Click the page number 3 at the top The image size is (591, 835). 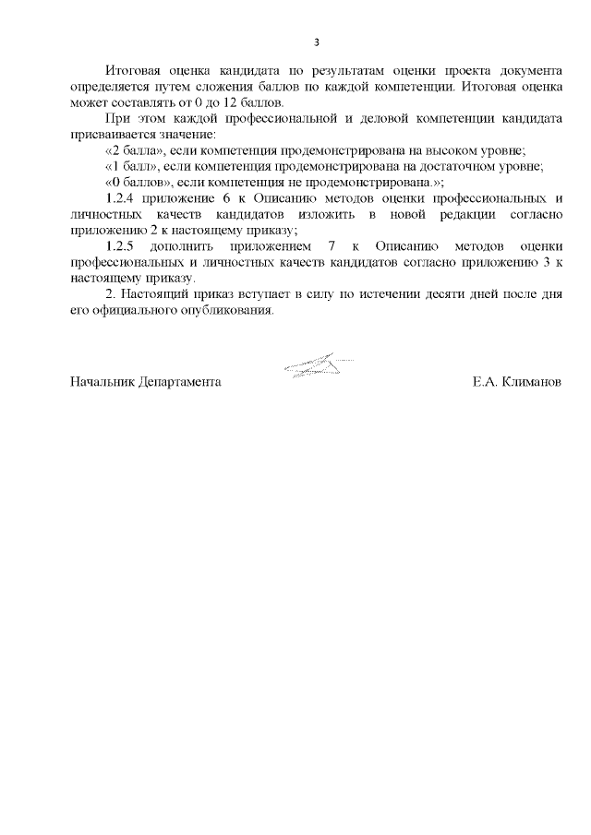(317, 42)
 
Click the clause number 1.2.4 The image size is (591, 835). (122, 198)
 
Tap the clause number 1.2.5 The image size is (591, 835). (122, 246)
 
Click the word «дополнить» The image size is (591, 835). (193, 246)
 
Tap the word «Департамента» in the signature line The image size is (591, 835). (179, 381)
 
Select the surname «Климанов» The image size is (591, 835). (529, 381)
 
